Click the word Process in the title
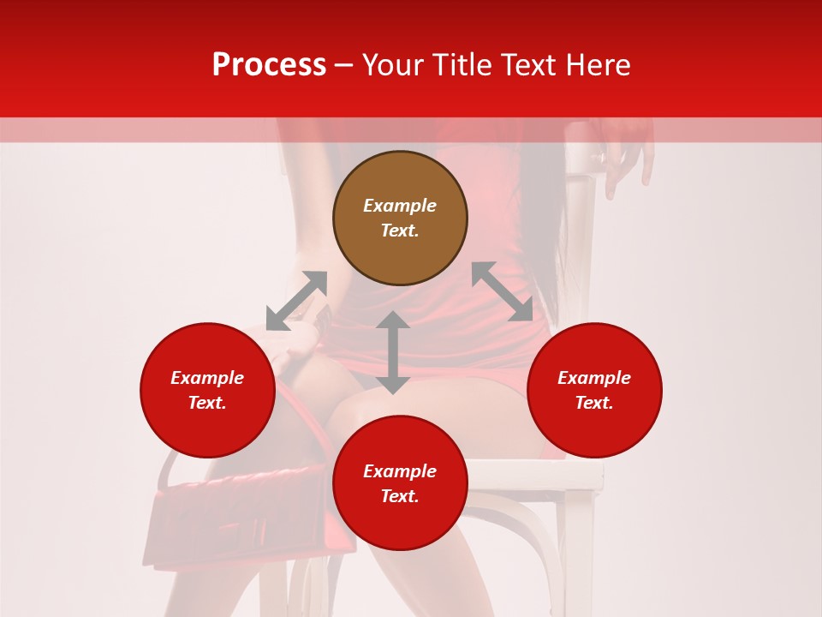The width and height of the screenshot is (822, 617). click(x=269, y=65)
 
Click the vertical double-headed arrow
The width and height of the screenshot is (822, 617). click(x=393, y=352)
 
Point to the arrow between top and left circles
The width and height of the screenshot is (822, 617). click(x=296, y=301)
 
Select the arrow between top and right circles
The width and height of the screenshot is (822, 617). click(x=502, y=291)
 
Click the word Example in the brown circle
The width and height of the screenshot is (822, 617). click(x=400, y=206)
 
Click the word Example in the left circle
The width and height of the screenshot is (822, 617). click(x=207, y=378)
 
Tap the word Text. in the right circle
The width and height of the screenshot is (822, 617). click(x=594, y=403)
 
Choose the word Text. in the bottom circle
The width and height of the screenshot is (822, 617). click(x=400, y=496)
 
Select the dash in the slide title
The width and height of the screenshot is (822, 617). click(x=344, y=65)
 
